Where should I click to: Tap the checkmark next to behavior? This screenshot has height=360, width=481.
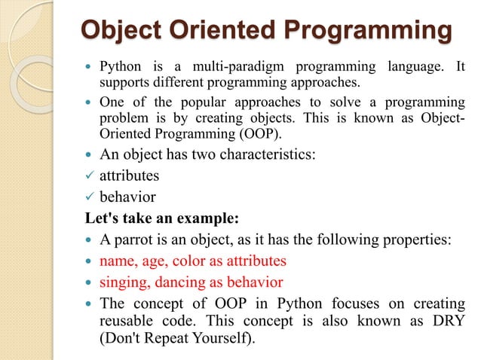pos(89,198)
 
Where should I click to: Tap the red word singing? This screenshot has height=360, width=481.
pos(123,283)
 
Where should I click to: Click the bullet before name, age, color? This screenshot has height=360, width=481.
pos(90,261)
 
